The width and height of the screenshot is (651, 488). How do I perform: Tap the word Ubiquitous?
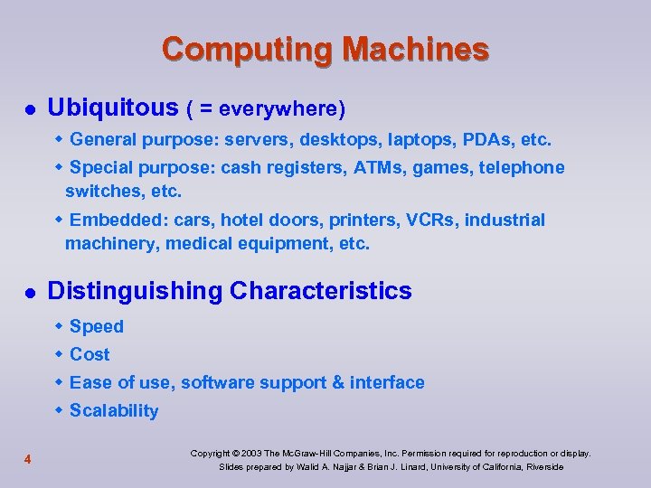click(x=113, y=108)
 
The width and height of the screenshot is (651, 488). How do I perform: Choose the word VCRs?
click(x=432, y=221)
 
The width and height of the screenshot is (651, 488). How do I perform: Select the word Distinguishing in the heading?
click(x=135, y=291)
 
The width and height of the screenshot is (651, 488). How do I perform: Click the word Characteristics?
click(x=321, y=291)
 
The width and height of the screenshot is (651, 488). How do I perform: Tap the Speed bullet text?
click(x=96, y=326)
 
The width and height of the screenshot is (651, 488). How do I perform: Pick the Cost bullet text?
click(x=90, y=354)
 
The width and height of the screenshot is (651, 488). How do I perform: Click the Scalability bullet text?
click(x=114, y=411)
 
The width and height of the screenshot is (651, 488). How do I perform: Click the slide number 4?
click(x=28, y=460)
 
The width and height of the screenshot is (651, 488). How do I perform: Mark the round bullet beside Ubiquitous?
click(x=28, y=110)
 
